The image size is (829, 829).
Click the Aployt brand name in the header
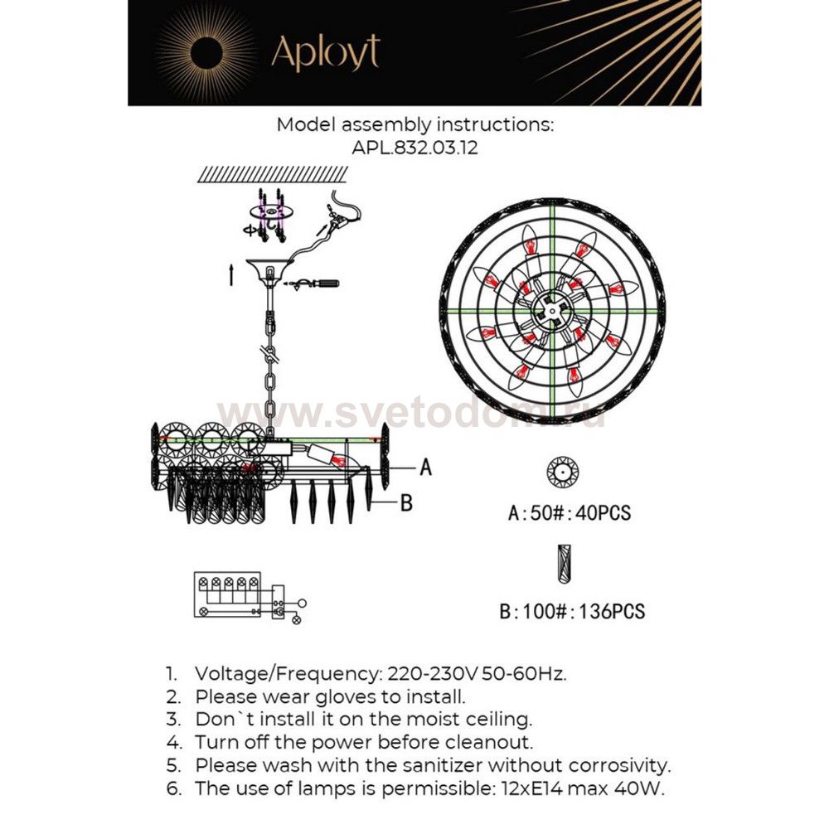tap(325, 54)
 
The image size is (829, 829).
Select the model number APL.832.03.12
tap(414, 149)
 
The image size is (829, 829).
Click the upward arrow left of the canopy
tap(231, 274)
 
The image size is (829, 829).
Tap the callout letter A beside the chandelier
tap(425, 468)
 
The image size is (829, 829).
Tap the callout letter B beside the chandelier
tap(406, 503)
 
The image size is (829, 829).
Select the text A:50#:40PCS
tap(569, 513)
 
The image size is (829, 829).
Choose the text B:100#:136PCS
tap(572, 613)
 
